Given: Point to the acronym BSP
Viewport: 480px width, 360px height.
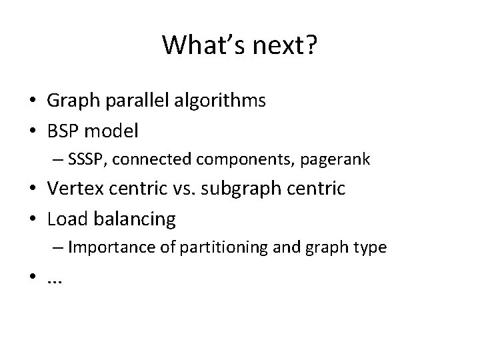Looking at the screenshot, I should (x=63, y=131).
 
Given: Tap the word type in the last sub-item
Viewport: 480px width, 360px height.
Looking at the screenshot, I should (x=369, y=247).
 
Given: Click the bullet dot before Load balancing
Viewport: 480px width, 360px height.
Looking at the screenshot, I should (x=32, y=219).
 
